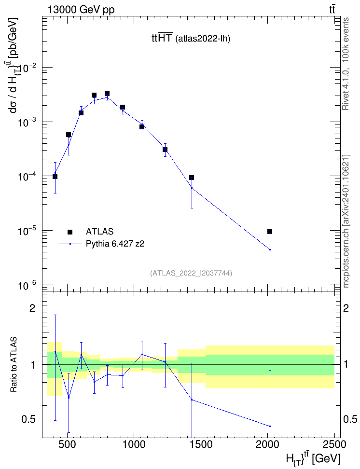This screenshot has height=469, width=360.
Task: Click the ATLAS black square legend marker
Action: click(x=70, y=232)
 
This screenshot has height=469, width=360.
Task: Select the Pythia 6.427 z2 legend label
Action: click(x=115, y=244)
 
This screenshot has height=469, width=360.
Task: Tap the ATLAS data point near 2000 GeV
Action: click(x=270, y=232)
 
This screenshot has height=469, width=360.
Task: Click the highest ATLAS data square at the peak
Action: click(x=107, y=94)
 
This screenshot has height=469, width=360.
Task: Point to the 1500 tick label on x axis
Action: click(x=200, y=444)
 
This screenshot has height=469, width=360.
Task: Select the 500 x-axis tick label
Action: click(x=67, y=444)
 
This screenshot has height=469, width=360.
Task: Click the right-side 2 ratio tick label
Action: click(x=346, y=308)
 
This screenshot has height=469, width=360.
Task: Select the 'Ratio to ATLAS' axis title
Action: click(x=14, y=364)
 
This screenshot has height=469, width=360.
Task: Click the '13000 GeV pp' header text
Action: click(x=81, y=10)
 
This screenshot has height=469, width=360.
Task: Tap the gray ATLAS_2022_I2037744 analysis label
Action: click(x=191, y=273)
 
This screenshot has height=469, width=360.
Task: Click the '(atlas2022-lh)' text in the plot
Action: click(x=203, y=39)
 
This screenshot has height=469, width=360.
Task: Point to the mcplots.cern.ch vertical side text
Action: click(x=346, y=221)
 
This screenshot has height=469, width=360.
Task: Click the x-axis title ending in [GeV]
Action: click(x=313, y=459)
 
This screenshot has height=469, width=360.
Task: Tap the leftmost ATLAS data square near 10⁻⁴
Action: click(x=55, y=177)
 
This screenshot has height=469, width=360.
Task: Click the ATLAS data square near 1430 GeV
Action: click(x=192, y=178)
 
